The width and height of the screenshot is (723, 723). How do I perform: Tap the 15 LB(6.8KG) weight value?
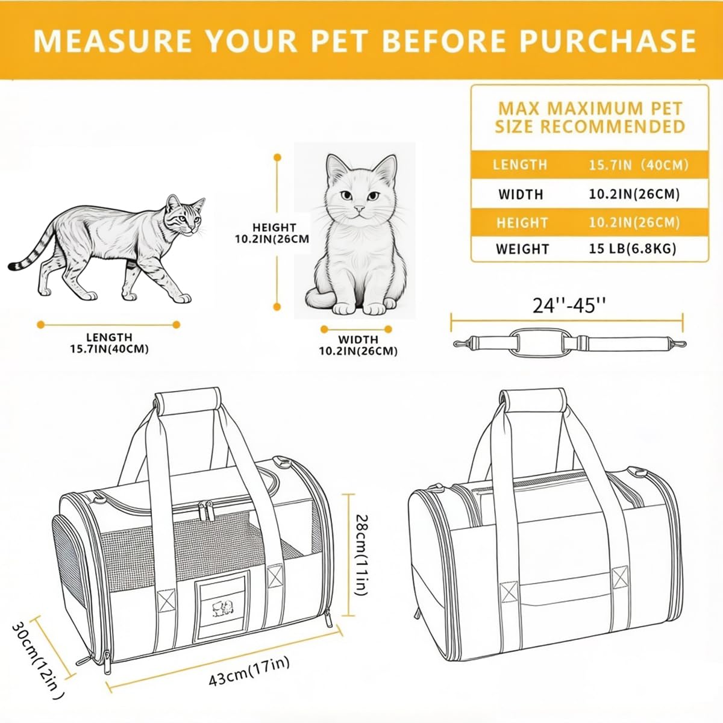click(x=632, y=248)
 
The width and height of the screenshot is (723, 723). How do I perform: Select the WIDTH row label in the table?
click(x=521, y=195)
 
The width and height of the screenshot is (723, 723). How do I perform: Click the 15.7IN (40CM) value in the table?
click(x=639, y=165)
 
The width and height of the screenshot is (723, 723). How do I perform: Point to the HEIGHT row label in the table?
click(x=522, y=223)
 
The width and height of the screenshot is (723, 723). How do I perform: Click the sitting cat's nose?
click(x=359, y=208)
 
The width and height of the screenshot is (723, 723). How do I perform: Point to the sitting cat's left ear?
click(x=336, y=167)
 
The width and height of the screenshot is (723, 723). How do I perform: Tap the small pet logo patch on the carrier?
click(x=222, y=608)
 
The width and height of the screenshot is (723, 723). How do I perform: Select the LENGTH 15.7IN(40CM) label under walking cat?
click(x=109, y=343)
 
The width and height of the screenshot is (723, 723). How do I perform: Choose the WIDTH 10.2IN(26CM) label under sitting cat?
click(x=358, y=345)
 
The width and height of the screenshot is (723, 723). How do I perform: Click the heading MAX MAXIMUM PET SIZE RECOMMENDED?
click(x=590, y=117)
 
